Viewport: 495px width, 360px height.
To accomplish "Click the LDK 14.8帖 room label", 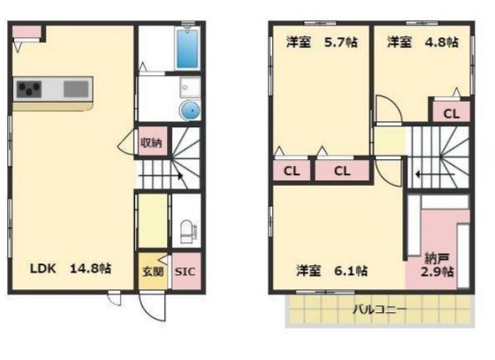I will pos(71,268).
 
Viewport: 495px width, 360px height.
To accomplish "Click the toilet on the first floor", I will pos(187,232).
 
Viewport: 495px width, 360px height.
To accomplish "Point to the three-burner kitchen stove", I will pos(29,89).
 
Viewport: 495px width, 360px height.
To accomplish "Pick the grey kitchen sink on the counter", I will pos(76,89).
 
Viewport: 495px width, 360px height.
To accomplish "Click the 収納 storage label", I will pos(150,143).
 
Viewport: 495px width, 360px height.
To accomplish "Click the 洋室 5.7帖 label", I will pos(319,42).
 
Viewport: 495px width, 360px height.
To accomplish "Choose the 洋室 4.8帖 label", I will pos(423,42).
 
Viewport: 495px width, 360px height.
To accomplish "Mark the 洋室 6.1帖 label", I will pos(331,270).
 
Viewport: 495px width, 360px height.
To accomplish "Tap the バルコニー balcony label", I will pos(380,310).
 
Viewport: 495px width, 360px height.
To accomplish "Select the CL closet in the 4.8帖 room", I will pos(451,113).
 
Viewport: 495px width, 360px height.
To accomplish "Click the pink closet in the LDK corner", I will pos(27,34).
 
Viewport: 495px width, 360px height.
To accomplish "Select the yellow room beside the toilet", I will pos(151,219).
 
